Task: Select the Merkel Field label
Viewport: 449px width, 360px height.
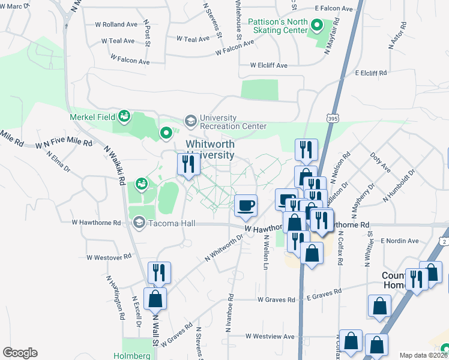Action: tap(92, 116)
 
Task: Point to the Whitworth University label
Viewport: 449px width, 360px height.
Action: tap(209, 149)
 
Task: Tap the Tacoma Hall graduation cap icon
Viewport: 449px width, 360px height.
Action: tap(139, 223)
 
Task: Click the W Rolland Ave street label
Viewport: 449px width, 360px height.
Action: tap(116, 25)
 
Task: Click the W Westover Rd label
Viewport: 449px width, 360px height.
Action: tap(109, 257)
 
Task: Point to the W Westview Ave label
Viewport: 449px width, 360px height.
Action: tap(270, 337)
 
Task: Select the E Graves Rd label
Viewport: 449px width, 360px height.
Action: tap(324, 292)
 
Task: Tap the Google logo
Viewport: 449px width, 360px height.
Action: tap(20, 353)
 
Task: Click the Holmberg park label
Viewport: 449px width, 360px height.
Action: tap(132, 355)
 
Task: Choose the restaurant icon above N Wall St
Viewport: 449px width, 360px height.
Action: tap(158, 272)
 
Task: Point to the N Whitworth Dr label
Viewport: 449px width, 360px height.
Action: tap(224, 247)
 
